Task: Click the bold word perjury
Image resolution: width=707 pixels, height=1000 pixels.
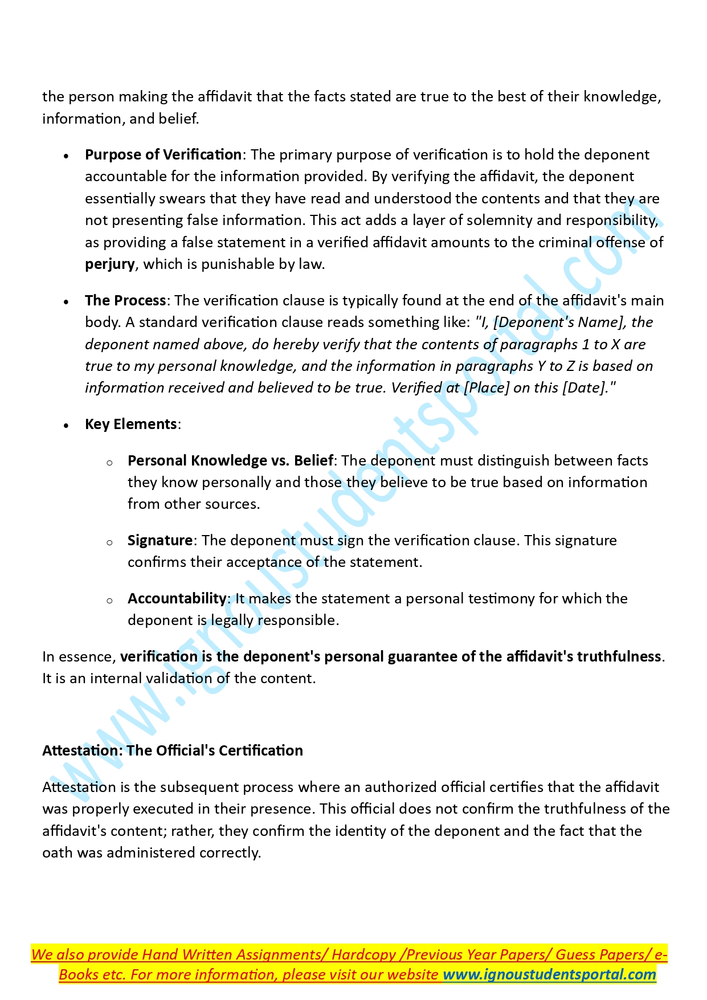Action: (110, 264)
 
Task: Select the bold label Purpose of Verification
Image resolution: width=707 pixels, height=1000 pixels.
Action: (163, 155)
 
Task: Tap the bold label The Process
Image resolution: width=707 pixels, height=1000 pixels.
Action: (125, 301)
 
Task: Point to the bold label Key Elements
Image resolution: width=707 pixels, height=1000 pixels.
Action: (131, 425)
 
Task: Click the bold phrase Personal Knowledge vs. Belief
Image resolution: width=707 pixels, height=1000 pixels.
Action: (230, 461)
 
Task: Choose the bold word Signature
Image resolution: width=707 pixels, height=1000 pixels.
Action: (160, 541)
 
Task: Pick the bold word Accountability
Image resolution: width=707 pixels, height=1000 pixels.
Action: (177, 599)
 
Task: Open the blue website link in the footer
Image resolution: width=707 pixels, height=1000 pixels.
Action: (549, 975)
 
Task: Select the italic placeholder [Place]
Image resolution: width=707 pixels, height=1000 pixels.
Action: (487, 388)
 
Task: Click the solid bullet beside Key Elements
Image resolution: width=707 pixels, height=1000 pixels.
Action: (67, 426)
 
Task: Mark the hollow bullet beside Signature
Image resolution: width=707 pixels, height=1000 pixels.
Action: (109, 542)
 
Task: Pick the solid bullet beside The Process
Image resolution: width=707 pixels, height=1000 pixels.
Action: (67, 302)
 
